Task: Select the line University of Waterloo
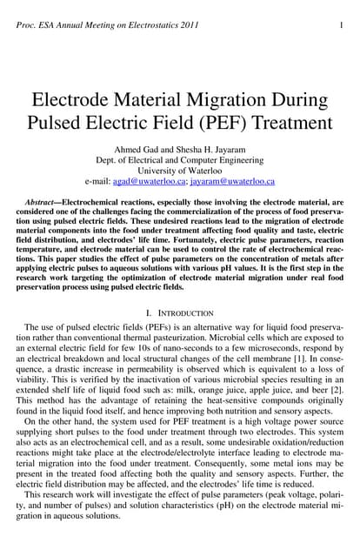(180, 169)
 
